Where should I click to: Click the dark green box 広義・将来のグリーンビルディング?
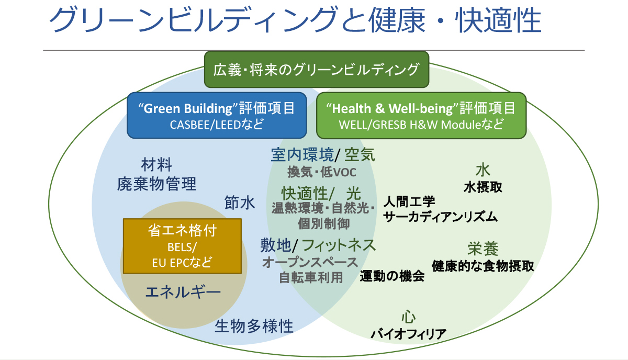316,69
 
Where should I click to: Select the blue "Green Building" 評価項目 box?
216,115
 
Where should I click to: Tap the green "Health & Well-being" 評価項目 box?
421,115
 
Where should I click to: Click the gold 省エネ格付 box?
182,246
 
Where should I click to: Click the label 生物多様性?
254,327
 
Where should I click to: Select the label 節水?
240,203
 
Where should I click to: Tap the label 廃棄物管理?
156,184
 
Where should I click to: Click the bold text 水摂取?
483,187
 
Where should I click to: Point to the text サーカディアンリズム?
440,216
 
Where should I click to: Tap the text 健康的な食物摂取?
483,266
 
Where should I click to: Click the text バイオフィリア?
409,333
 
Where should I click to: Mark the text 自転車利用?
310,277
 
